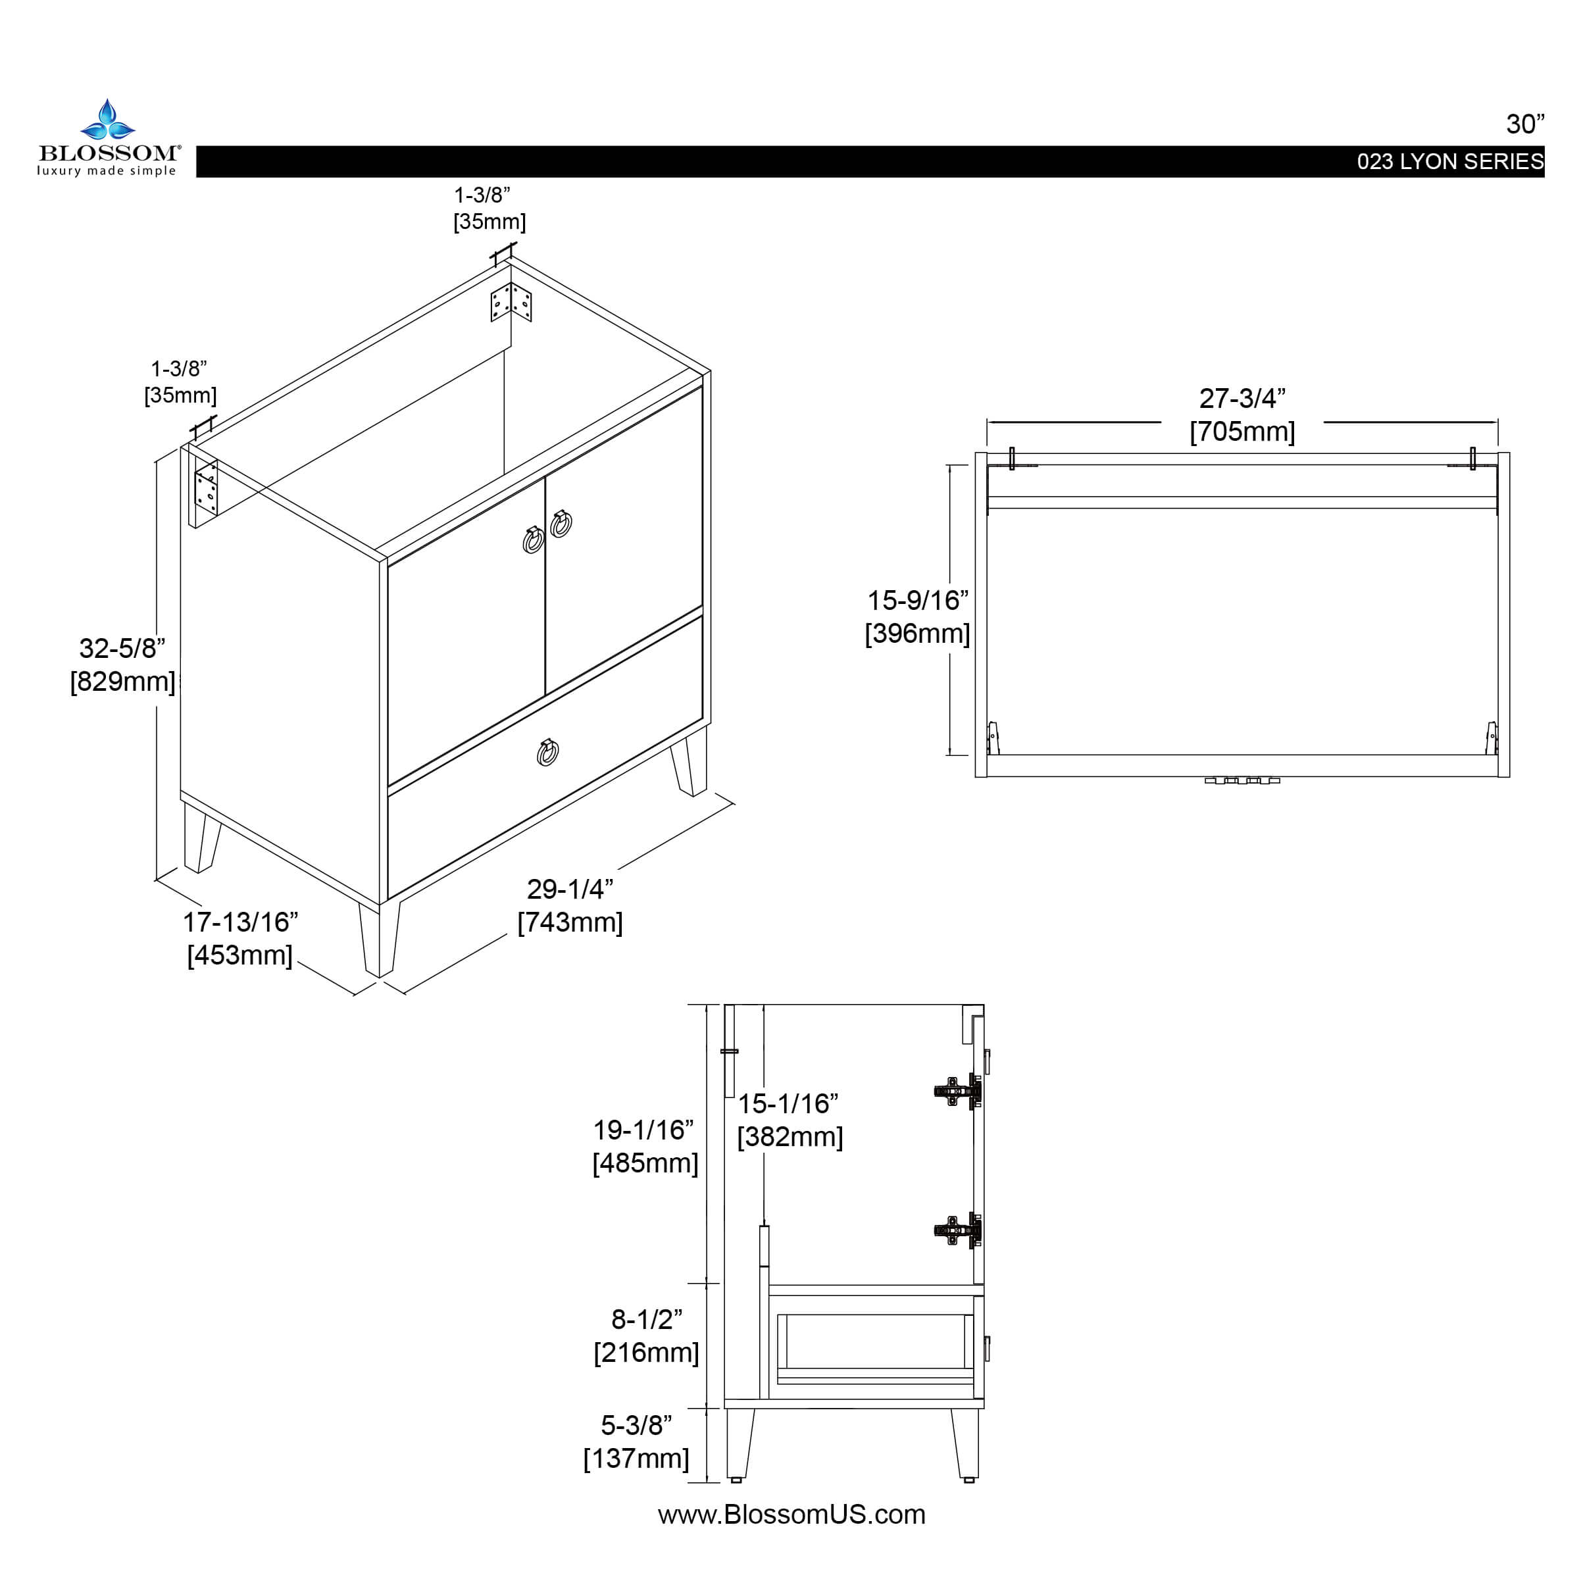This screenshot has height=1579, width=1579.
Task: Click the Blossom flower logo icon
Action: coord(107,121)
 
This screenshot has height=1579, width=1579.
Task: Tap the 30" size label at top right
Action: coord(1525,124)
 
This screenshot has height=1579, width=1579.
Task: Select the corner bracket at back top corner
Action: coord(511,303)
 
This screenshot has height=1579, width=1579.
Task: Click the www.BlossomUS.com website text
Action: coord(791,1515)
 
